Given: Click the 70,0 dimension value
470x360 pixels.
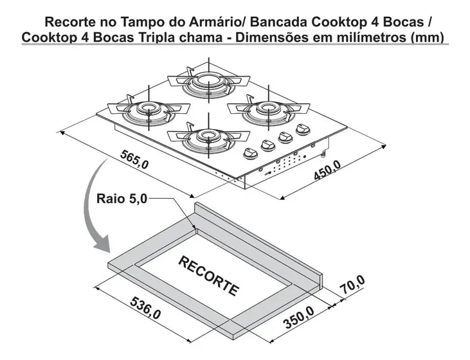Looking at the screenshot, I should [x=352, y=285].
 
